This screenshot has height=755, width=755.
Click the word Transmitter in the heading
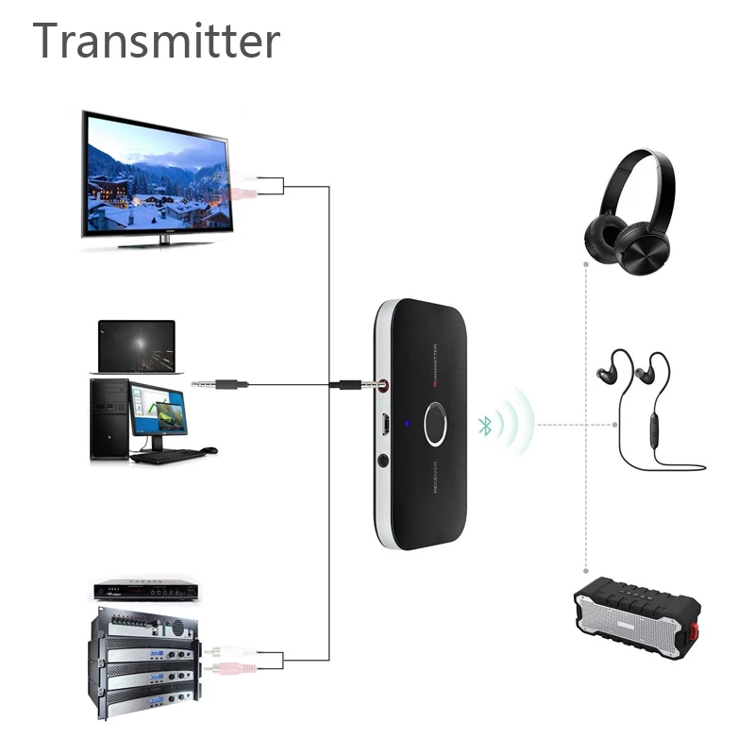point(157,41)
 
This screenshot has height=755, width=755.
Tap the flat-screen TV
point(156,174)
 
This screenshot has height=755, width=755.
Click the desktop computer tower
point(109,419)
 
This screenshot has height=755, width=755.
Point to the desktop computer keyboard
point(170,455)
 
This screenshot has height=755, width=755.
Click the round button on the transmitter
point(438,425)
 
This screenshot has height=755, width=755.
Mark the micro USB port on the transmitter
point(387,425)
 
